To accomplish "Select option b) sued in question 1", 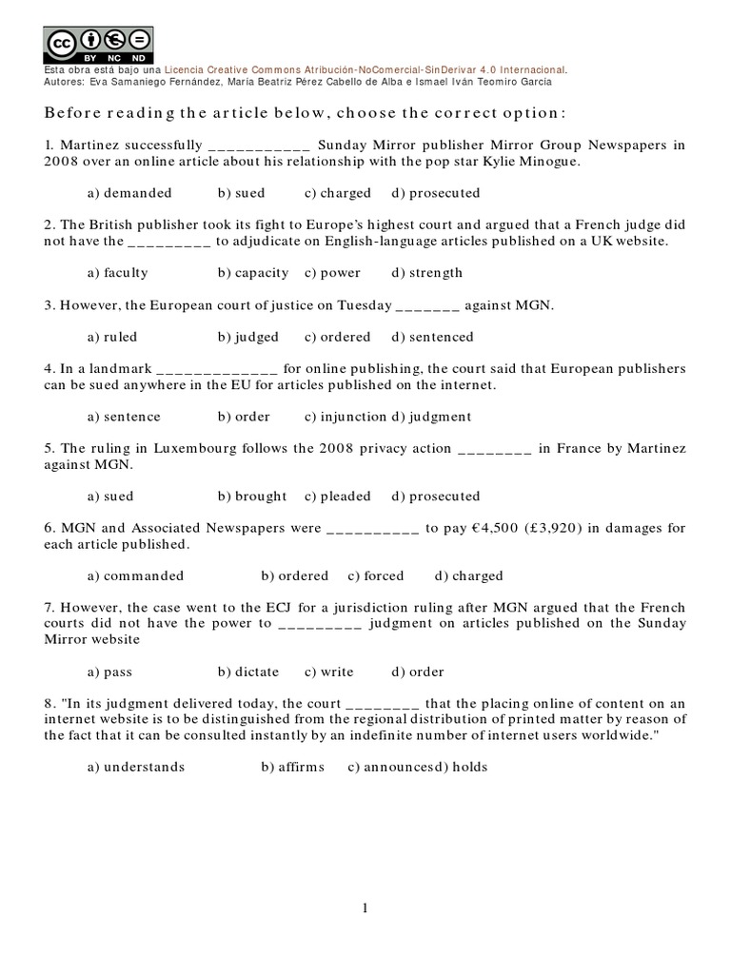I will click(x=241, y=193).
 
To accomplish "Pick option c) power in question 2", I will click(x=332, y=273).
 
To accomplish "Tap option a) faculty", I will click(x=117, y=273).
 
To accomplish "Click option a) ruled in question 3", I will click(x=112, y=337).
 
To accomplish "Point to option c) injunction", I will click(x=346, y=417).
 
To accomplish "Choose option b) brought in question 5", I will click(x=251, y=497).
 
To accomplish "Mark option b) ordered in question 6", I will click(x=294, y=576).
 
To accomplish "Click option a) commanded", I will click(x=135, y=576).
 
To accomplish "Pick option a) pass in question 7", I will click(x=109, y=672).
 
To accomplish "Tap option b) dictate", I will click(x=247, y=672).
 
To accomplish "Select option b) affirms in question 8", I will click(x=292, y=768).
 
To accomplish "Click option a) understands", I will click(x=136, y=768).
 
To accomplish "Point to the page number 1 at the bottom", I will click(x=365, y=909).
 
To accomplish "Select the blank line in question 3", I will click(x=426, y=306).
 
